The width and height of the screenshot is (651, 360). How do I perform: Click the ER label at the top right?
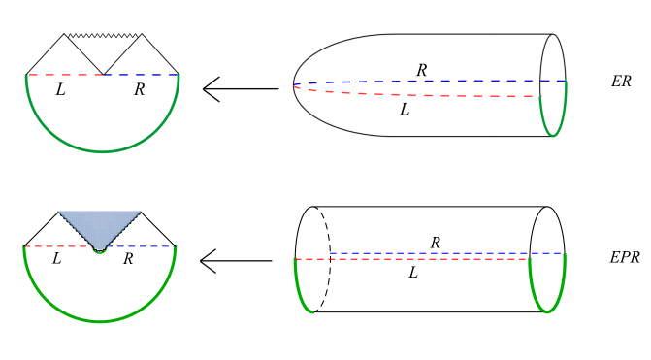click(621, 82)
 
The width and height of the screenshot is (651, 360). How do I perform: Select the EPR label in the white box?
click(625, 257)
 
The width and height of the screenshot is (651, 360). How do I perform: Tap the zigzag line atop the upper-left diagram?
click(103, 36)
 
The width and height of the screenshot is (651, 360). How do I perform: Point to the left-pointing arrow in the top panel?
click(240, 89)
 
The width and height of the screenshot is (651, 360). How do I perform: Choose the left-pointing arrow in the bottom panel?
click(236, 260)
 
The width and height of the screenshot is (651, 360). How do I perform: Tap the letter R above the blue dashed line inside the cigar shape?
click(421, 71)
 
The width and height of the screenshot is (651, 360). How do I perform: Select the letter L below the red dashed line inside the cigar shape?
click(404, 110)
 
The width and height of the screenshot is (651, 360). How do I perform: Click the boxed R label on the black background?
click(436, 242)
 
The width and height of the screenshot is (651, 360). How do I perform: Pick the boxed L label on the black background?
click(413, 273)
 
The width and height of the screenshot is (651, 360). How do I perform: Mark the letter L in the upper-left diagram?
click(60, 89)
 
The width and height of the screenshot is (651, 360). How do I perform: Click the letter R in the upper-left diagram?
click(139, 89)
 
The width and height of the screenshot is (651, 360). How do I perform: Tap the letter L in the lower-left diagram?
click(56, 259)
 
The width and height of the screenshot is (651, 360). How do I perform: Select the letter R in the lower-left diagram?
click(128, 259)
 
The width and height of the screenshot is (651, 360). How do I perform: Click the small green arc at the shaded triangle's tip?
click(100, 251)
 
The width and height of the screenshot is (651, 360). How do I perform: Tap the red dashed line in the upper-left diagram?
click(64, 74)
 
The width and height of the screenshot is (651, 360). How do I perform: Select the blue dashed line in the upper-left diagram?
click(141, 74)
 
